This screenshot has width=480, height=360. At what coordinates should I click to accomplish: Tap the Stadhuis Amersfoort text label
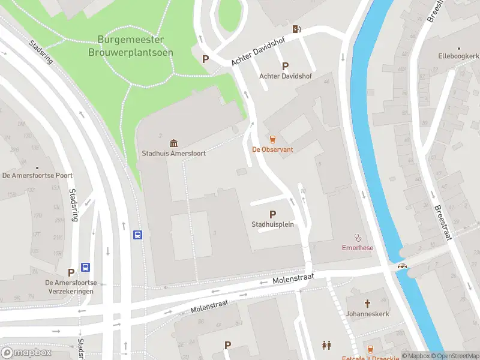coord(173,154)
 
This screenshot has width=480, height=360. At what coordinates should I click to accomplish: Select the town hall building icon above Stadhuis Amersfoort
coord(173,143)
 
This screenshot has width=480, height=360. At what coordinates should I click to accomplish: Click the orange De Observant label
coord(272,149)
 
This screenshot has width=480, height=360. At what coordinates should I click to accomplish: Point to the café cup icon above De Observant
coord(272,139)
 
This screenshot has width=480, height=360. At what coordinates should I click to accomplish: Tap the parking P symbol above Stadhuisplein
coord(272,214)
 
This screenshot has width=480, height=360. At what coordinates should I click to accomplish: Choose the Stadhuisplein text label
coord(272,225)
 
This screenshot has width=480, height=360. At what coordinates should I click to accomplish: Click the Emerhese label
coord(358,247)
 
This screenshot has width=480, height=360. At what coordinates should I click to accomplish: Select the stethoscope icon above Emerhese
coord(358,237)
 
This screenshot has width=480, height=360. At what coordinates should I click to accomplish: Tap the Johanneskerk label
coord(367,314)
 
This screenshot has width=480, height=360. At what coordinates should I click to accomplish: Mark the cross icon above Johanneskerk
coord(367,304)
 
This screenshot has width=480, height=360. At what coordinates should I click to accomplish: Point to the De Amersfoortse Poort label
coord(38,176)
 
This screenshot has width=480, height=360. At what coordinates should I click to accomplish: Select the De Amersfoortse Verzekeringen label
coord(71,287)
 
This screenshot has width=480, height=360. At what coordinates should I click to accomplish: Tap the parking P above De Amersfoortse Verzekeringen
coord(71,272)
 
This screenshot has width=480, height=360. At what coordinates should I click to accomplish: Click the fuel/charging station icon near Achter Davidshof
coord(296,29)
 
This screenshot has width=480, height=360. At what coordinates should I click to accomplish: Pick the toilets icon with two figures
coord(326,346)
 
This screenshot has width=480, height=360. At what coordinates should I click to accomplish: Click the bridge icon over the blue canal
coord(402,266)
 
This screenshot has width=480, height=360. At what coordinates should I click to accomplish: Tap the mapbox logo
coord(26,352)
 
